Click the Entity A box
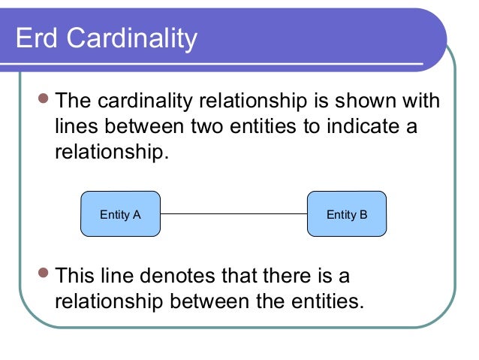coord(120,214)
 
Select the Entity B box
coord(347,214)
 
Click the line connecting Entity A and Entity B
coord(233,214)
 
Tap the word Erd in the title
coord(37,38)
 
